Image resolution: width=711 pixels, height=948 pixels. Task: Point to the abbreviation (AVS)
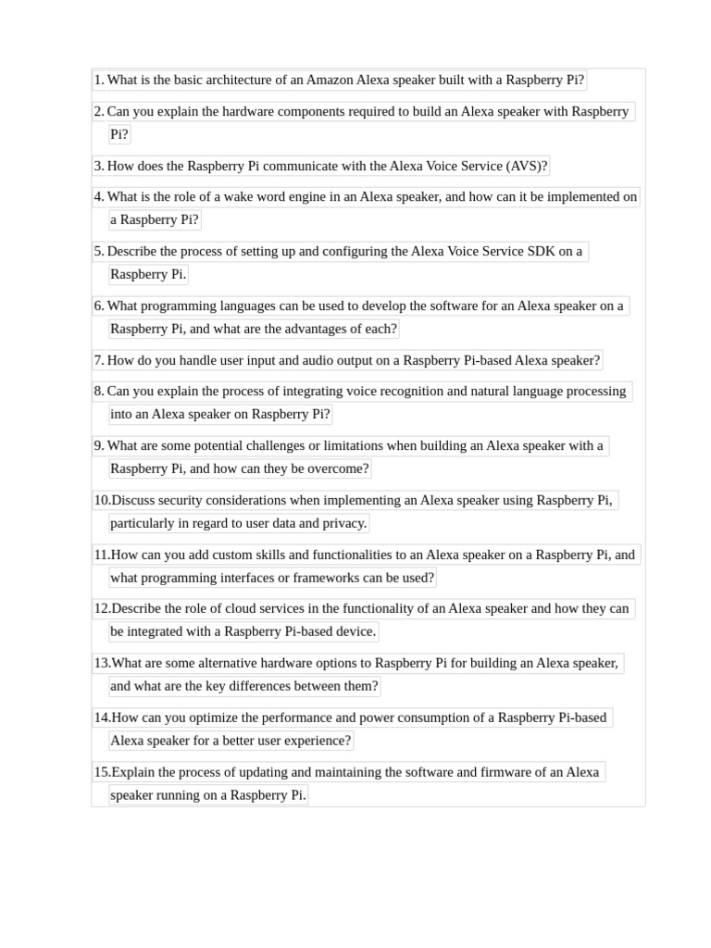pos(527,166)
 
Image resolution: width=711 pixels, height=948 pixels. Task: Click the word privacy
pos(344,523)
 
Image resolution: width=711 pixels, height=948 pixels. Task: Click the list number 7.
pos(98,360)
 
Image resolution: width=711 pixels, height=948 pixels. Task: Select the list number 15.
pos(101,772)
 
